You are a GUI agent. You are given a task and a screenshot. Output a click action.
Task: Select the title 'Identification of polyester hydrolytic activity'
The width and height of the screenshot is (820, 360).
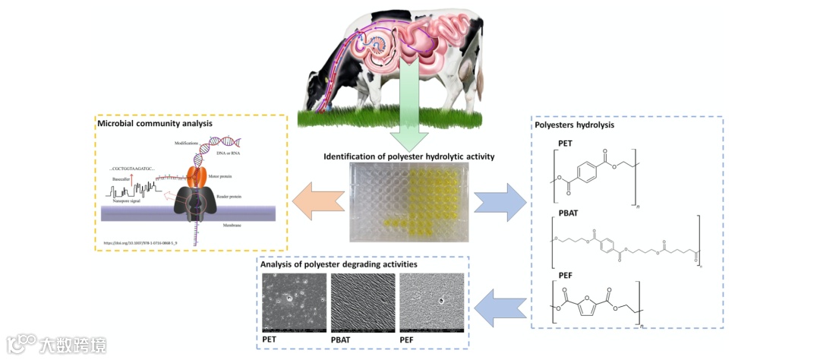409,156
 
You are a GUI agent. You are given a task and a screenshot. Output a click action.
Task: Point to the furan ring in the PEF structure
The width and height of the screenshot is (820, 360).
601,308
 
